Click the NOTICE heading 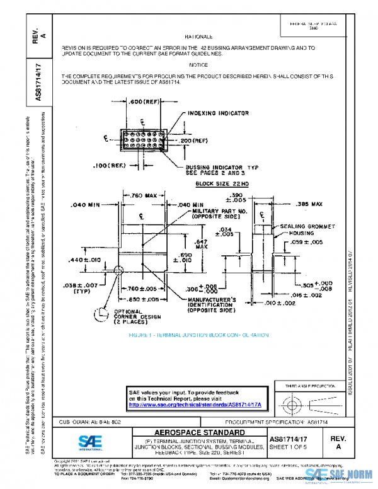click(x=198, y=65)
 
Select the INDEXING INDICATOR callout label click(x=218, y=113)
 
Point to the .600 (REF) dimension click(x=144, y=101)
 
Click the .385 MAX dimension click(x=309, y=204)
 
